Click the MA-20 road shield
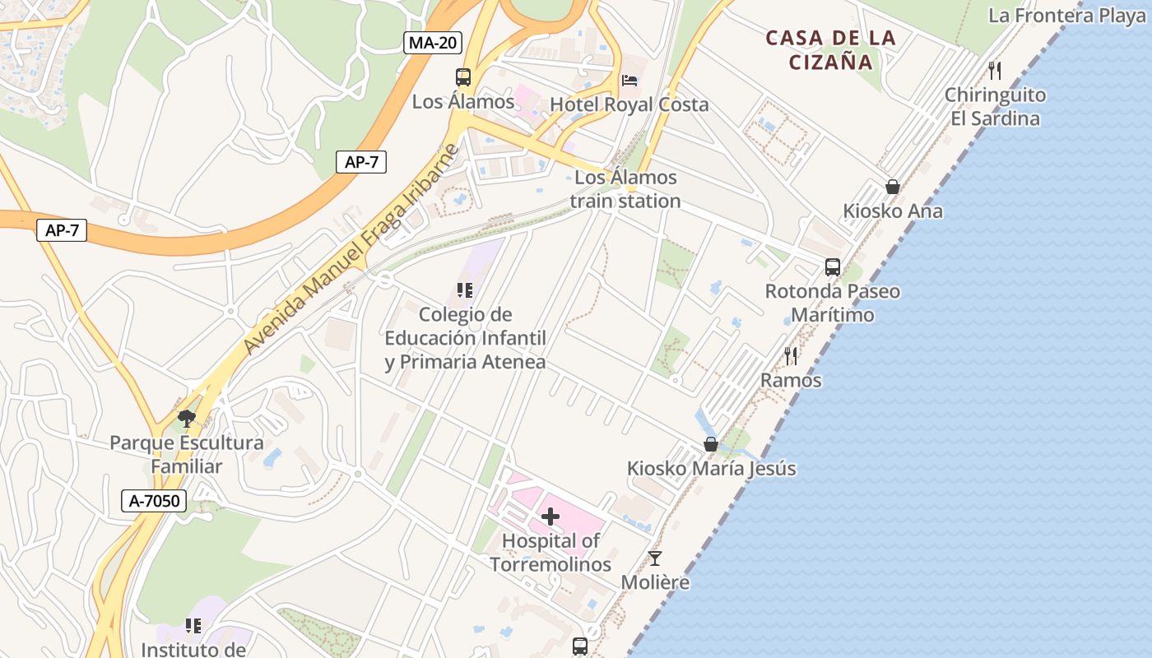click(432, 43)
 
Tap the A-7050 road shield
click(154, 500)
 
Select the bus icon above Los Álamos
click(463, 77)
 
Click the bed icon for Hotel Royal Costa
click(629, 81)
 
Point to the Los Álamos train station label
click(625, 189)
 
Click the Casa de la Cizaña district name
click(830, 49)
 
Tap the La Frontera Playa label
click(1066, 16)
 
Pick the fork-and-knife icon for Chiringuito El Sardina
click(995, 70)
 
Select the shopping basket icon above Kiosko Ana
click(893, 187)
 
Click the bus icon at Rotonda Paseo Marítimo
click(833, 267)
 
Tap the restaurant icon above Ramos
click(791, 356)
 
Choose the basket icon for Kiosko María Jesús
click(711, 444)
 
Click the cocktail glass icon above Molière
click(655, 558)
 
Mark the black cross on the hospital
click(550, 517)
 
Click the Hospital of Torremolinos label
click(550, 553)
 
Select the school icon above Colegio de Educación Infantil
click(465, 290)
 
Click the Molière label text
click(655, 582)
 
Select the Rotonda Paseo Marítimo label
click(833, 303)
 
